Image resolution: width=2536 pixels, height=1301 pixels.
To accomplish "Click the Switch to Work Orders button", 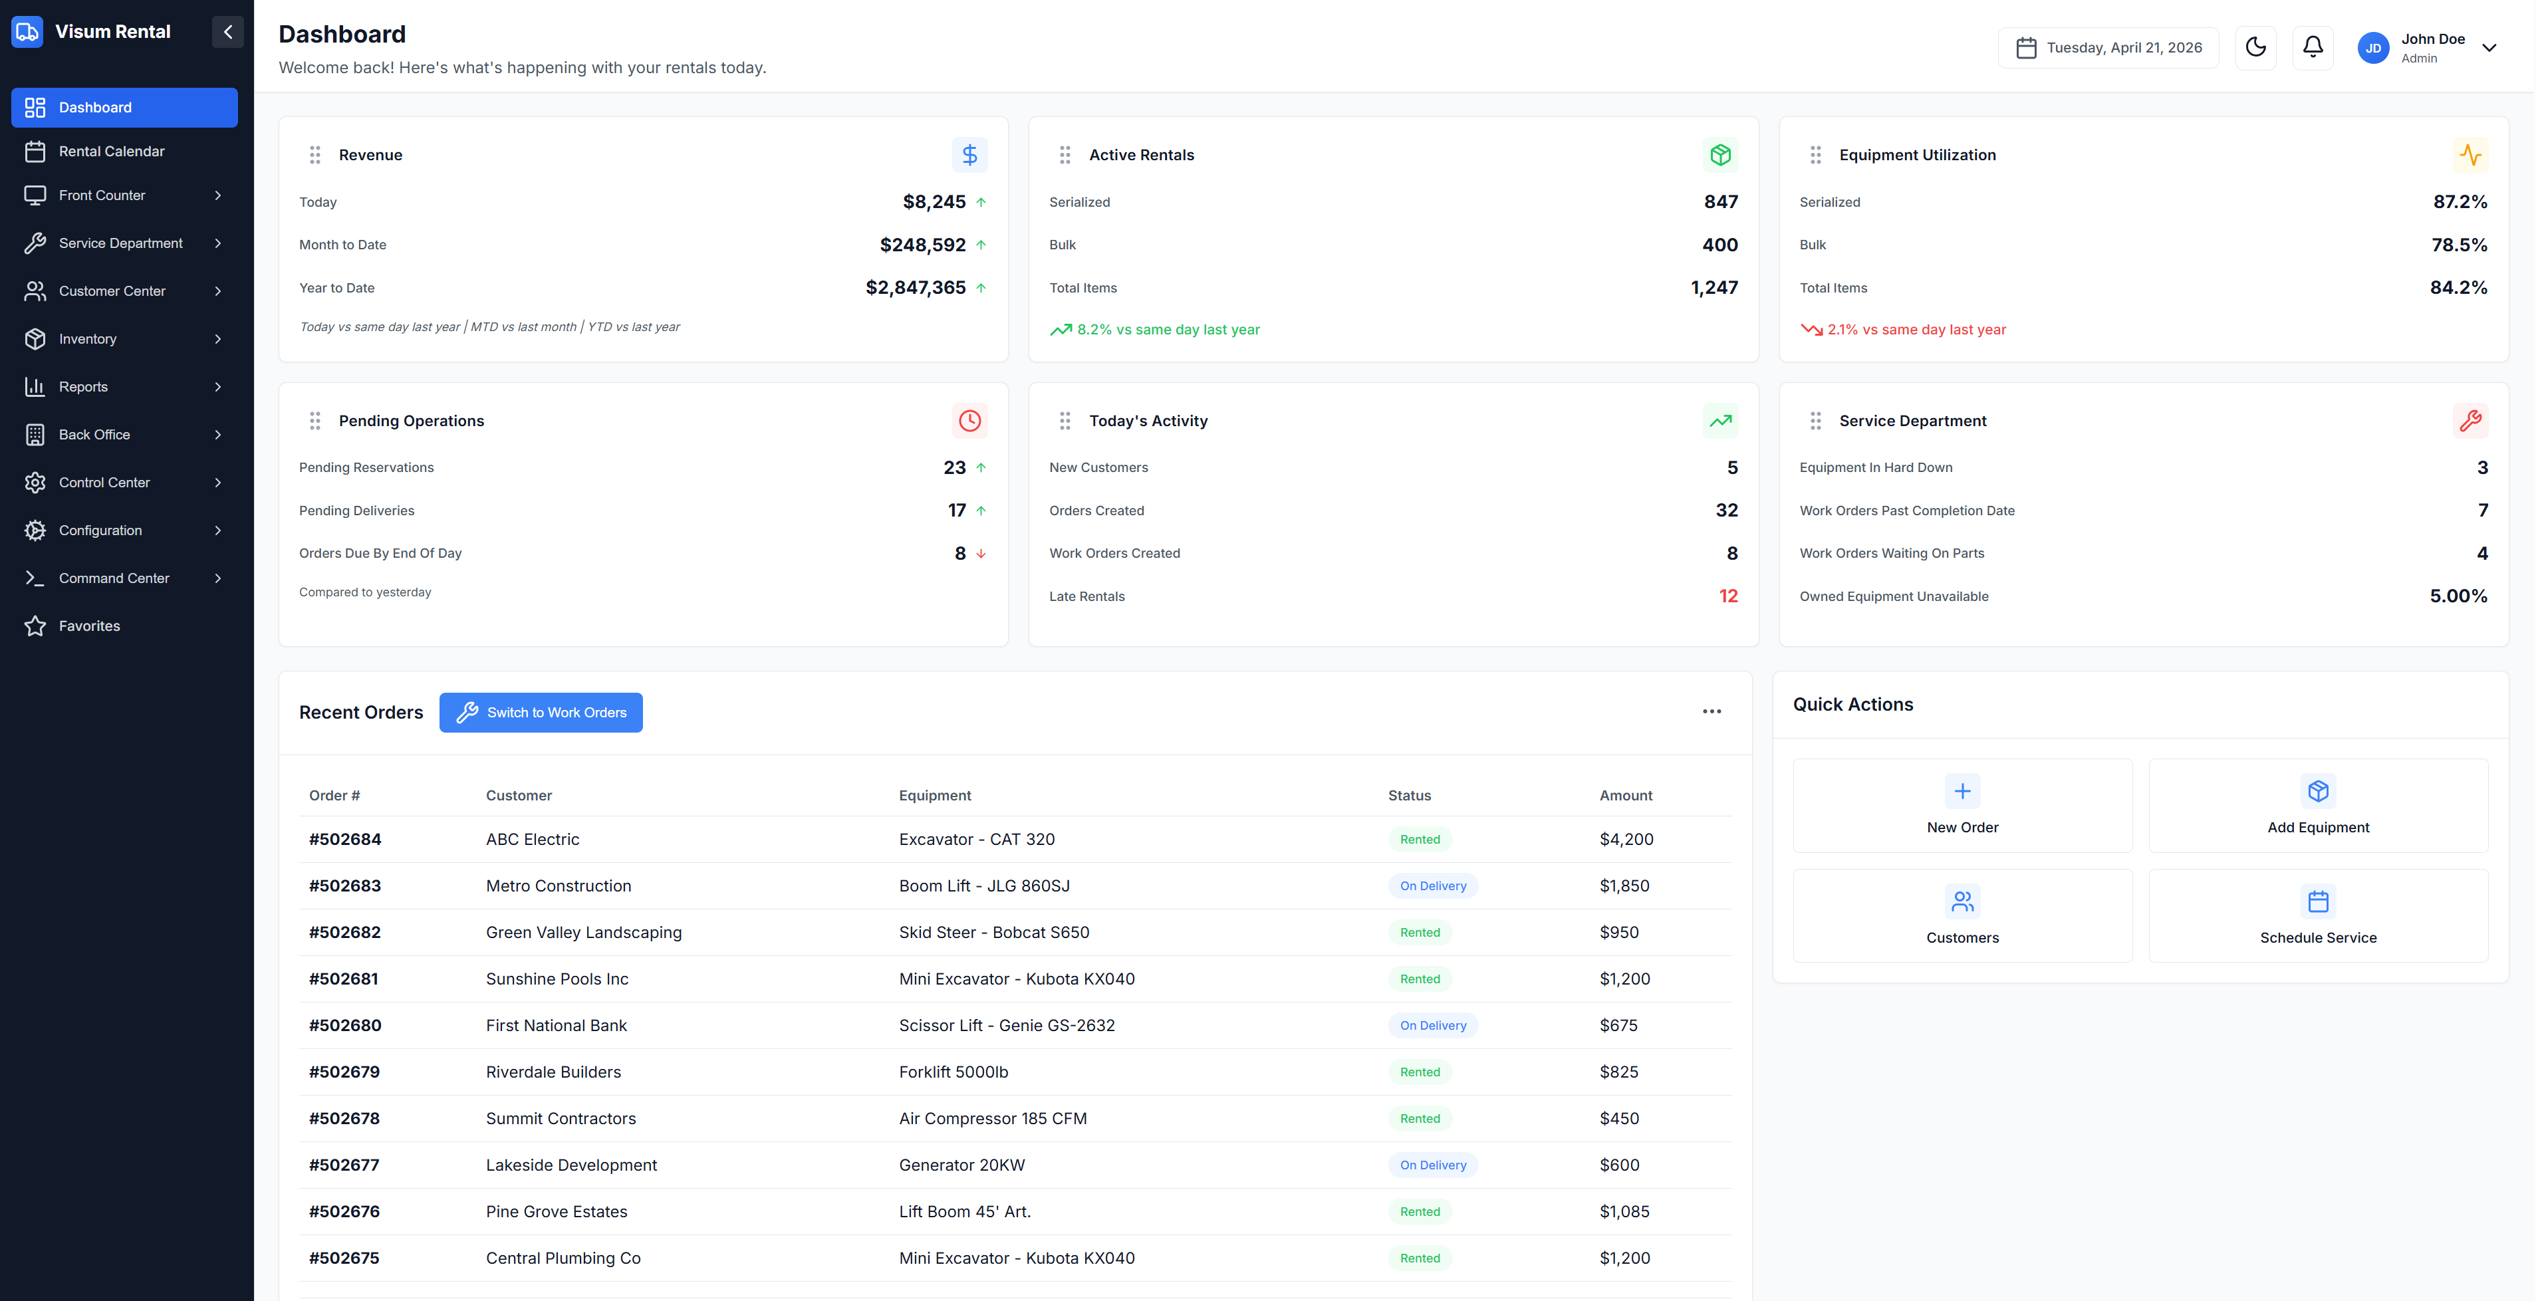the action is [x=541, y=713].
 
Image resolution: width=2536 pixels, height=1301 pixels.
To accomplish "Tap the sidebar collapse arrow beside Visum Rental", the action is [x=227, y=31].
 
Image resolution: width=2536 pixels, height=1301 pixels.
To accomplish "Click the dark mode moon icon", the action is [x=2255, y=47].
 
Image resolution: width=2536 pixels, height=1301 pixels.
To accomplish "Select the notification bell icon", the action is [x=2313, y=47].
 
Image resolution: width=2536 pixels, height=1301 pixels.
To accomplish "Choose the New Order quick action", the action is [x=1962, y=805].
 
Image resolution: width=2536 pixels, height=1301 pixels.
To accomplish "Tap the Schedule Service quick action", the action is [x=2317, y=915].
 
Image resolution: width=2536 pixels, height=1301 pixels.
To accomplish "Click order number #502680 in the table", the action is [x=344, y=1026].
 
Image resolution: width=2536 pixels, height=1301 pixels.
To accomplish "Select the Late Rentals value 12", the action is [x=1727, y=596].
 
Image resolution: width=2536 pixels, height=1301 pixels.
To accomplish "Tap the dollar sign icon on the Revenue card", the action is [x=969, y=154].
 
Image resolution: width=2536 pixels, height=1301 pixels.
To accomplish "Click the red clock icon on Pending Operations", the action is [x=969, y=420].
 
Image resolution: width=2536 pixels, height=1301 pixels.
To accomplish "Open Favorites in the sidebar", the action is [x=88, y=626].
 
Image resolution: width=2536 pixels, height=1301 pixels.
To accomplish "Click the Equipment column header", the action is [x=934, y=795].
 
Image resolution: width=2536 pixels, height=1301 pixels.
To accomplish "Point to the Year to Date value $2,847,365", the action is [x=916, y=287].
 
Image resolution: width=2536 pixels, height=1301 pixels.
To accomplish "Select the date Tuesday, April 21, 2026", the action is [x=2124, y=47].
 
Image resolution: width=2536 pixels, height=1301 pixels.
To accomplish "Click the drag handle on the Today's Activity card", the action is [x=1065, y=420].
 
